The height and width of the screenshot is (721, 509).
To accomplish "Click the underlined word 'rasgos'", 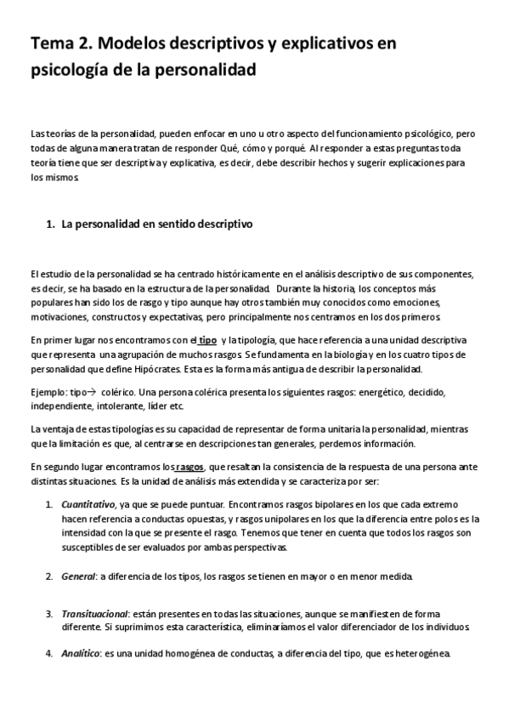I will pyautogui.click(x=189, y=466).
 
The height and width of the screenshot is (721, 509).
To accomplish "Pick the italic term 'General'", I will pyautogui.click(x=78, y=577).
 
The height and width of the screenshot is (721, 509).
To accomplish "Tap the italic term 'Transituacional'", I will pyautogui.click(x=94, y=613).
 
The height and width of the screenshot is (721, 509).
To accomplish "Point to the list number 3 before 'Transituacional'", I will pyautogui.click(x=49, y=613).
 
